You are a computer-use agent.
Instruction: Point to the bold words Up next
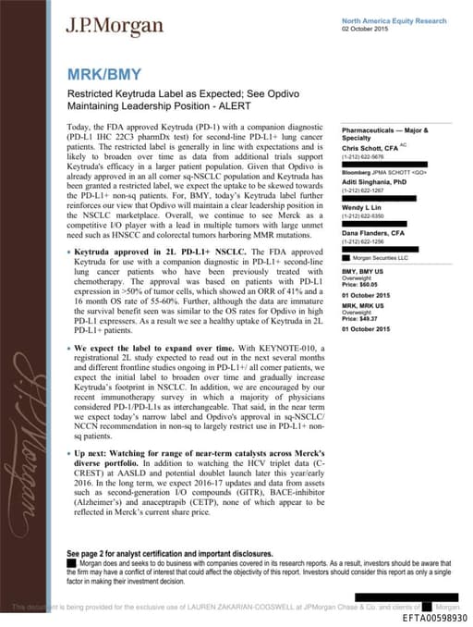pyautogui.click(x=95, y=456)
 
